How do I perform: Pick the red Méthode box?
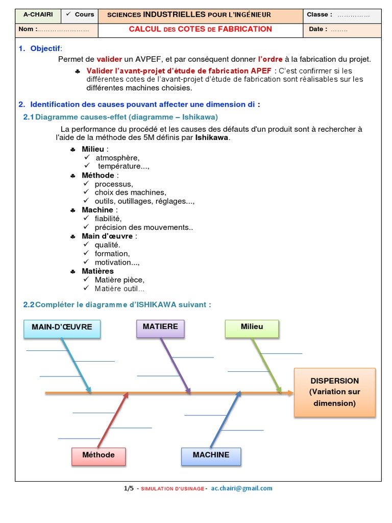[99, 456]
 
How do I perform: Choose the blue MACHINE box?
[211, 456]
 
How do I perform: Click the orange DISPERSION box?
[334, 392]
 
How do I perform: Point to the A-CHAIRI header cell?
[38, 15]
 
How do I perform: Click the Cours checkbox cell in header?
[80, 15]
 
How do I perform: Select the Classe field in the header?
[342, 15]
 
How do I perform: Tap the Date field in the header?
[342, 30]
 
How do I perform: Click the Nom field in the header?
[56, 30]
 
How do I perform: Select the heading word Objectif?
[45, 49]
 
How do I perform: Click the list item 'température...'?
[124, 166]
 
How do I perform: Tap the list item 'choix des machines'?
[130, 193]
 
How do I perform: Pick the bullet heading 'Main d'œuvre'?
[107, 236]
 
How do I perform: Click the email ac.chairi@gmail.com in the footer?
[241, 488]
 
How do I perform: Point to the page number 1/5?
[129, 488]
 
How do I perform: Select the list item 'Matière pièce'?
[119, 280]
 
